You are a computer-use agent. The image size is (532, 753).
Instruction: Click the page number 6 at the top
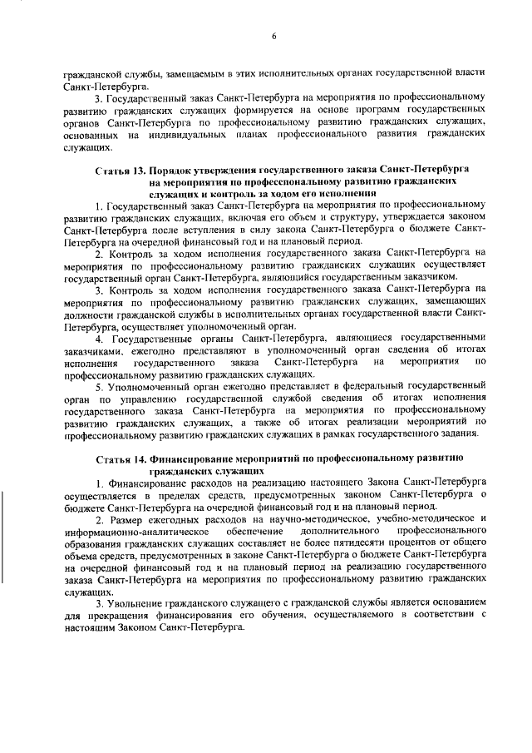point(273,35)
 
